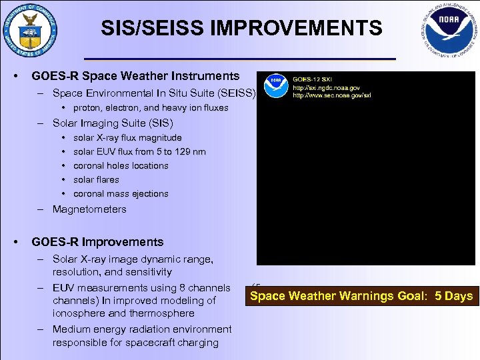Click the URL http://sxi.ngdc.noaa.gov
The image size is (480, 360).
click(x=327, y=88)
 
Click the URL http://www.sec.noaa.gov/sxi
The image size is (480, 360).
click(x=332, y=95)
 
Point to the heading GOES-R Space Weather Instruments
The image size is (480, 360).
click(x=135, y=76)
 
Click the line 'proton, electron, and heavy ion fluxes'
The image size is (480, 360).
click(x=151, y=108)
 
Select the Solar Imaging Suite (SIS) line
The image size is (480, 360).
click(x=113, y=123)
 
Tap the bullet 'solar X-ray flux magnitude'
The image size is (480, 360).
click(x=127, y=138)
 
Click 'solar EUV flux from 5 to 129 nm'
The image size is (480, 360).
click(x=139, y=152)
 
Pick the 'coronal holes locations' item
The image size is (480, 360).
click(x=121, y=166)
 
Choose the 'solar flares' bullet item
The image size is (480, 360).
click(x=96, y=180)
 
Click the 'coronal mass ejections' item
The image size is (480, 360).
click(x=121, y=194)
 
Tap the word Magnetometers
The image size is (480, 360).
click(x=89, y=209)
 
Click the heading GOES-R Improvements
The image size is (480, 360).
click(x=97, y=242)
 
